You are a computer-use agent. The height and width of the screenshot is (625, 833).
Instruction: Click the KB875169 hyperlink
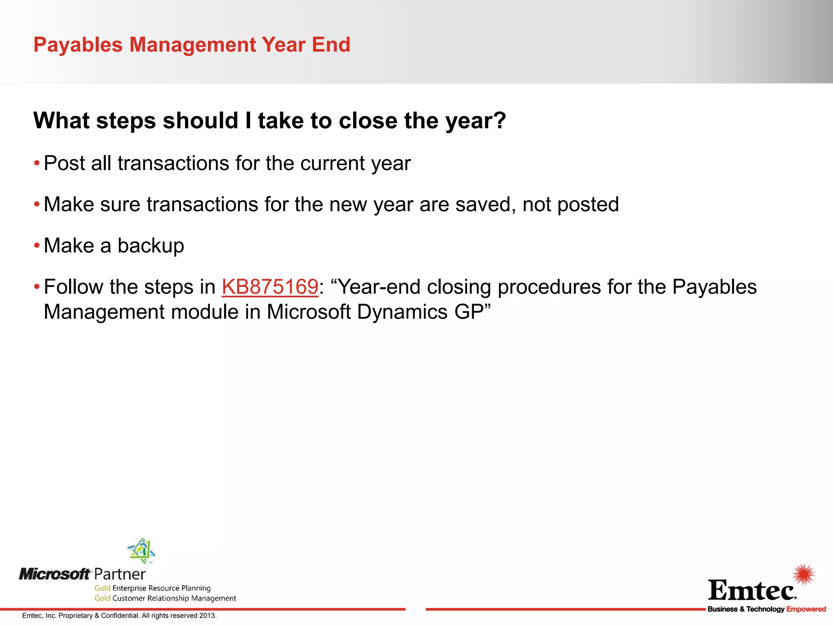pos(270,287)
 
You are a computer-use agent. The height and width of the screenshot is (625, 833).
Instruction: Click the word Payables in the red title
pos(78,45)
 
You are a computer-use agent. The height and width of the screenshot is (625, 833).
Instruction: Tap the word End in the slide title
pos(331,45)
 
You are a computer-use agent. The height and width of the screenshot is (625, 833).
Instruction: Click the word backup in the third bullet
pos(151,246)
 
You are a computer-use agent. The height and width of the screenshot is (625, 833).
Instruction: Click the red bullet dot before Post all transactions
pos(37,164)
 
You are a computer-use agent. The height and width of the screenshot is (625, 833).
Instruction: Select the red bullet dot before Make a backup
pos(37,246)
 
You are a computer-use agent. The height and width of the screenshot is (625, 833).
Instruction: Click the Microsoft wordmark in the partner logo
pos(55,574)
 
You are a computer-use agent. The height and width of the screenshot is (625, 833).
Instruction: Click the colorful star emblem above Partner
pos(141,551)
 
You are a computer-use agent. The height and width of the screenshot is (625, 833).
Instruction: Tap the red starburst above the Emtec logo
pos(804,575)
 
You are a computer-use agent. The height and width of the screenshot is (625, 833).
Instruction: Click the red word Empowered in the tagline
pos(806,609)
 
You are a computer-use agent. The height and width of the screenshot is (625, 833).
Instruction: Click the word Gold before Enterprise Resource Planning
pos(102,588)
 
